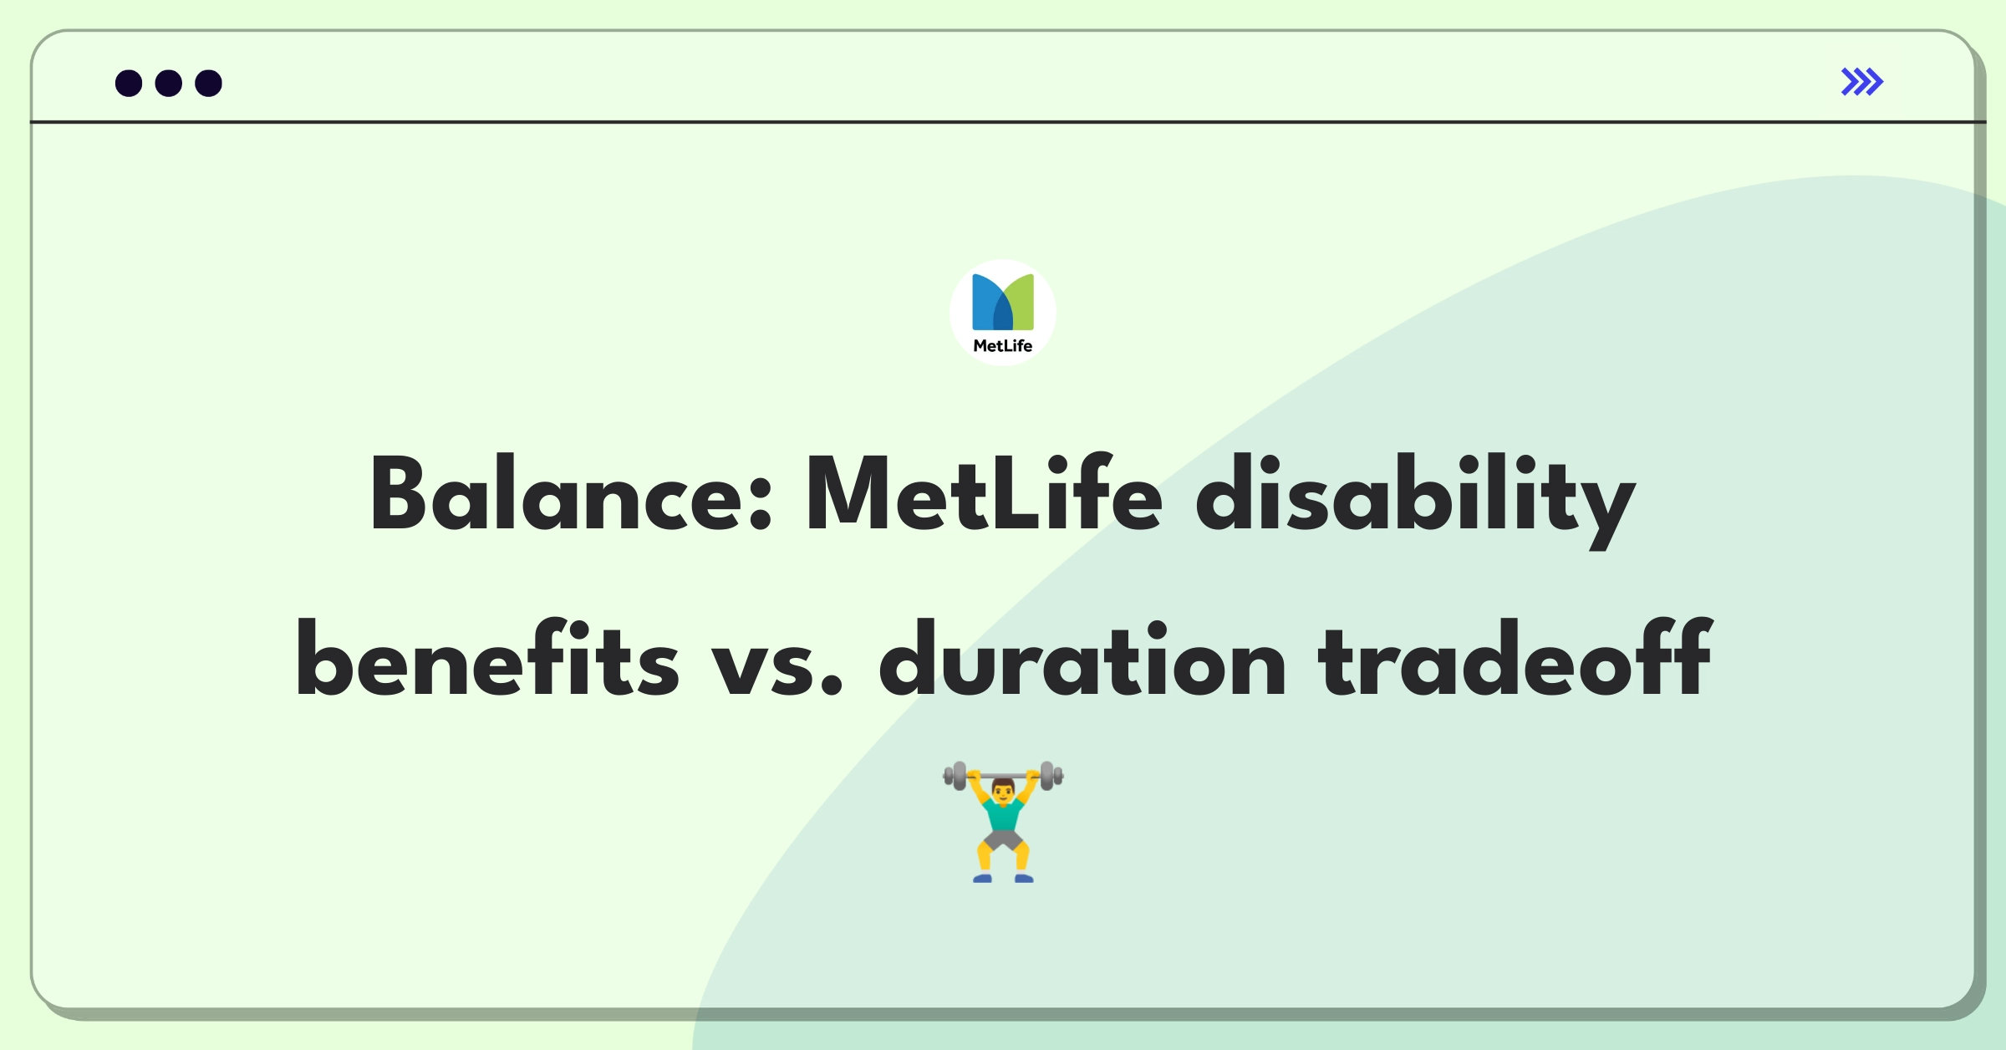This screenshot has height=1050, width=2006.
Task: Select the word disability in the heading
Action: tap(1414, 500)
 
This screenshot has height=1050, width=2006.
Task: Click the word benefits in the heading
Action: tap(486, 658)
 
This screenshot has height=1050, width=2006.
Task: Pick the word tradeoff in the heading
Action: tap(1515, 658)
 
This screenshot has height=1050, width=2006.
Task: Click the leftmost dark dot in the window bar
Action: tap(129, 84)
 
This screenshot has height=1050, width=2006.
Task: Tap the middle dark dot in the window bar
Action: tap(169, 84)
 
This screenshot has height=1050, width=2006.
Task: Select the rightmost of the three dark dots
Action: tap(209, 84)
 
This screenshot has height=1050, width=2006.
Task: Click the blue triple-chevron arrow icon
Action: tap(1861, 82)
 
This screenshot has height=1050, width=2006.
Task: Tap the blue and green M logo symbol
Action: tap(1003, 302)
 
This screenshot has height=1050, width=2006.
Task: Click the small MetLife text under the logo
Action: tap(1003, 346)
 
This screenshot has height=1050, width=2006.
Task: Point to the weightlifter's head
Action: tap(1003, 790)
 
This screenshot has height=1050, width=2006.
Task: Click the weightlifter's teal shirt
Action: tap(1003, 814)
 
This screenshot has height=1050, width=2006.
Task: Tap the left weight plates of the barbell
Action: tap(956, 776)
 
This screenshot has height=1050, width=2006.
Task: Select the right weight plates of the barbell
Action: tap(1051, 776)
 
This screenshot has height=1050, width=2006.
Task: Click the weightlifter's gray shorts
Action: tap(1003, 839)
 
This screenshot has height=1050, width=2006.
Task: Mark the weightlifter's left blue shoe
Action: tap(982, 878)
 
